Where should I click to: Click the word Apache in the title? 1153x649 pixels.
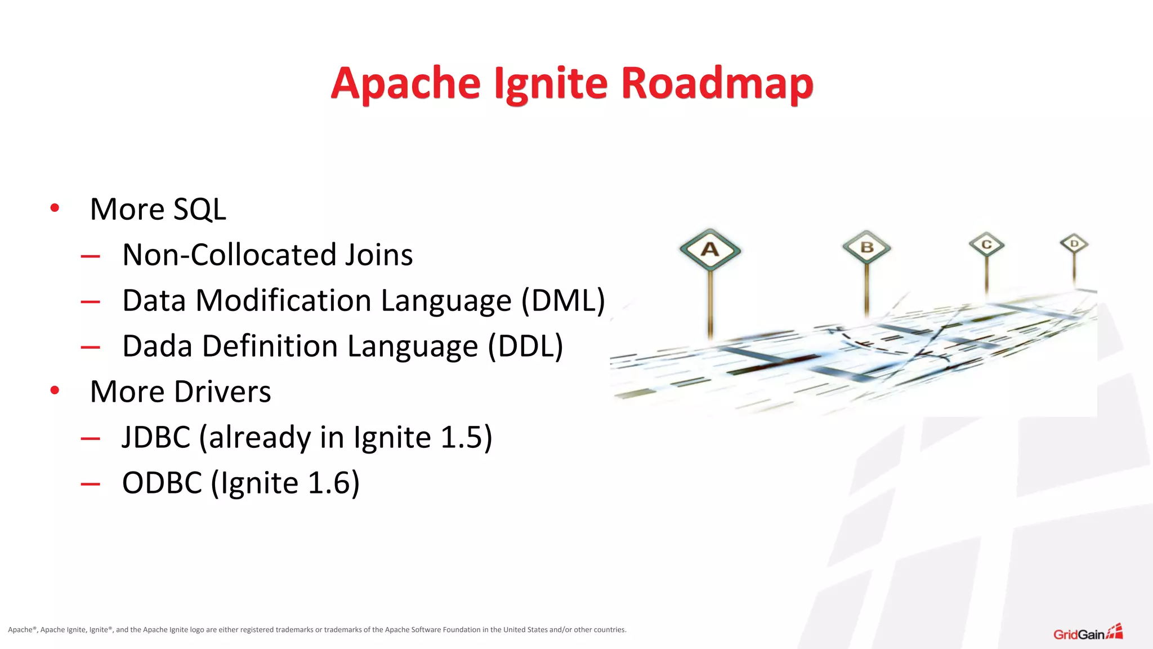406,83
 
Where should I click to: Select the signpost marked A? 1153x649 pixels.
710,250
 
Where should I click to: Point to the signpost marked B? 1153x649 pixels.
866,247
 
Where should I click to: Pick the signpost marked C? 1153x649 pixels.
986,245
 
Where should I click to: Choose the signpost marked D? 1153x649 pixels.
1074,244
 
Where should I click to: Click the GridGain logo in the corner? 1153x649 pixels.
1088,633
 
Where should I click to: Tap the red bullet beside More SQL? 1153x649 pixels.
55,208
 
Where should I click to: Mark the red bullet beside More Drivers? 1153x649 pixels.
55,390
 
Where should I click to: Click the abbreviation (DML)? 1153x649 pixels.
562,300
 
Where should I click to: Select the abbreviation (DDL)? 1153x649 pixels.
525,346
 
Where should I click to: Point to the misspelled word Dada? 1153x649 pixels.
157,346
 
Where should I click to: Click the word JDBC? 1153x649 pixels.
156,437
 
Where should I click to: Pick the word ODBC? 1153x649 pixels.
162,483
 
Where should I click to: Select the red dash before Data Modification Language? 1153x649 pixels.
90,302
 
